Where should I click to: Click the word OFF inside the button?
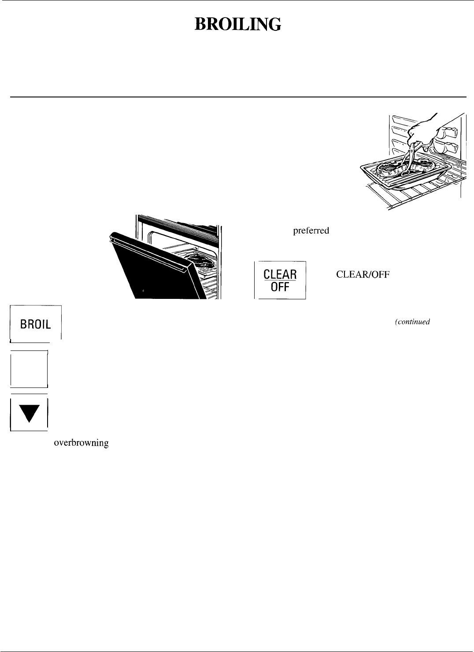tap(280, 288)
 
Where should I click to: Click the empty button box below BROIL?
tap(29, 369)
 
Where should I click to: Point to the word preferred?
tap(311, 231)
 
